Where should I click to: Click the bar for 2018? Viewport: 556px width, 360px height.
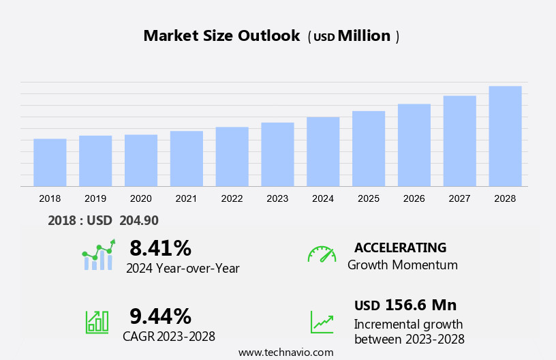pos(50,162)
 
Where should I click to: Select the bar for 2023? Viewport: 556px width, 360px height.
pos(277,154)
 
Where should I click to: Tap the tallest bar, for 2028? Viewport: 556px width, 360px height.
pos(505,136)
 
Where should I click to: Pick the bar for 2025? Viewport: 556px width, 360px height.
pos(369,148)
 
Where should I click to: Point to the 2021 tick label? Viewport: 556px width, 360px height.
pos(186,198)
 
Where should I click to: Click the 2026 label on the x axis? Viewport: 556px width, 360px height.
pos(414,198)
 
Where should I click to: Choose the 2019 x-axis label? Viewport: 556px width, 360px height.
pos(95,198)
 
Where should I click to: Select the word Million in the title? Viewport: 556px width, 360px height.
pos(364,36)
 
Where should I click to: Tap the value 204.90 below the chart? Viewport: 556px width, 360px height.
pos(139,220)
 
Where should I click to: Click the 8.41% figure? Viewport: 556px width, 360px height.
pos(160,248)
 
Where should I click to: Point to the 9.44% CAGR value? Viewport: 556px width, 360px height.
pos(160,316)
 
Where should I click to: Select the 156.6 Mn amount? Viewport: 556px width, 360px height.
pos(420,305)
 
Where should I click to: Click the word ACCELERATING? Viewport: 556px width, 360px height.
pos(401,247)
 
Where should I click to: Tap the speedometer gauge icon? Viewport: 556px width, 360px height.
pos(322,254)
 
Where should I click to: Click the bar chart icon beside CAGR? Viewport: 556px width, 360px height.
pos(97,322)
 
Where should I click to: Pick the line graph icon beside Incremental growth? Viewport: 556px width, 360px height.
pos(322,322)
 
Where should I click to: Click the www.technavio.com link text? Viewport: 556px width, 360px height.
pos(285,352)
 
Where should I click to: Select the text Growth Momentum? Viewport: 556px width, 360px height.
pos(402,265)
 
